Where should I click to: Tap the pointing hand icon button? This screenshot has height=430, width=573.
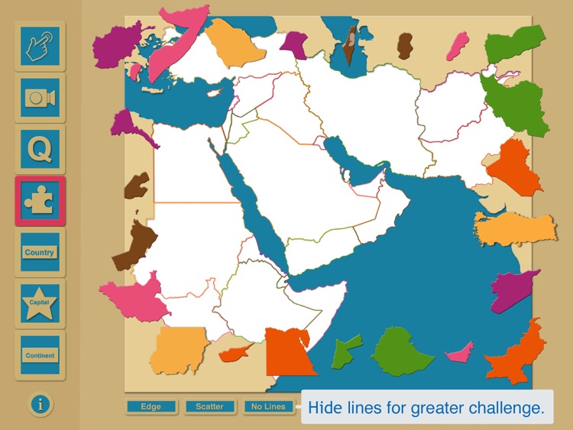[40, 46]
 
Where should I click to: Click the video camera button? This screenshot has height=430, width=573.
[40, 98]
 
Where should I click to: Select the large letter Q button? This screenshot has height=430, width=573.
[40, 149]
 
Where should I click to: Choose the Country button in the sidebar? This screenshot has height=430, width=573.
[40, 252]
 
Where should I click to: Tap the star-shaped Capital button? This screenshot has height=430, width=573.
[40, 303]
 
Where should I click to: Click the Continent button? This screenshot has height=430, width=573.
[40, 355]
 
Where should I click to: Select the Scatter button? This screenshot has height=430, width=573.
[209, 406]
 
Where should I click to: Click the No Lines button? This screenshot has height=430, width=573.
[268, 406]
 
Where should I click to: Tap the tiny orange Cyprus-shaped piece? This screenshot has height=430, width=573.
[236, 353]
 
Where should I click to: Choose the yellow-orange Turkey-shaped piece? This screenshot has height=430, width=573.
[513, 226]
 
